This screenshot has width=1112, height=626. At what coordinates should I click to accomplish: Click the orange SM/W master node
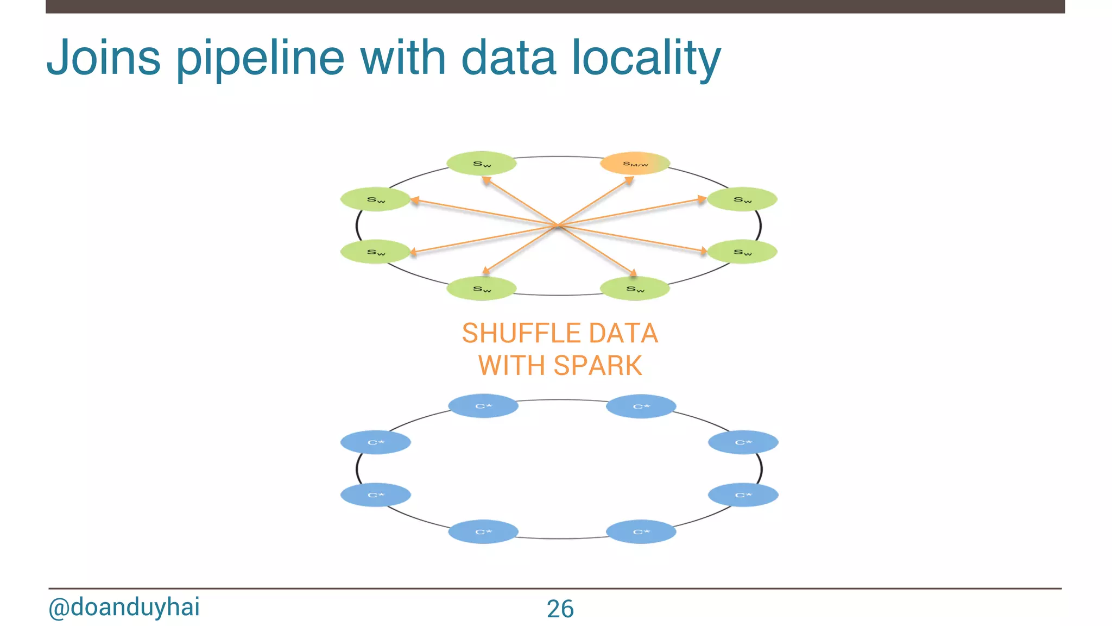pos(635,163)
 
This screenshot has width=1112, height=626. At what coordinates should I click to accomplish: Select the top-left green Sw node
pos(482,163)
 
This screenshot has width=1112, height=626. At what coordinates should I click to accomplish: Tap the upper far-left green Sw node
pos(376,199)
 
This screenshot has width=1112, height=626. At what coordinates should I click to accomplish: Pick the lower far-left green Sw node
pos(376,252)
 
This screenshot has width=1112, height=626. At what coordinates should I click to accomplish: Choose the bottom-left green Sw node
pos(482,289)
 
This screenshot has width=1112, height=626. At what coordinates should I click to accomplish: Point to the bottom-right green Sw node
pos(635,289)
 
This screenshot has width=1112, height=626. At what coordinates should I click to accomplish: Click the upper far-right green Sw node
pos(742,199)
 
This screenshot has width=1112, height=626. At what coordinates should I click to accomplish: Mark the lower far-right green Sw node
pos(742,252)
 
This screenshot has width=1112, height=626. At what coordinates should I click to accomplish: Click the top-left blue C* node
pos(483,406)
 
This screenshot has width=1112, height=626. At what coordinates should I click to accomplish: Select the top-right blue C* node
pos(641,406)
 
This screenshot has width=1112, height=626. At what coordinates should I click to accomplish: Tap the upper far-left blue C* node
pos(376,442)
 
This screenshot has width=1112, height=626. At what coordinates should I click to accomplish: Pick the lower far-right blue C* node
pos(743,494)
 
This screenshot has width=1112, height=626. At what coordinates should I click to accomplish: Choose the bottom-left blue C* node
pos(483,531)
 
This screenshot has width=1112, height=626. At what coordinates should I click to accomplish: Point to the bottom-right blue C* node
pos(641,531)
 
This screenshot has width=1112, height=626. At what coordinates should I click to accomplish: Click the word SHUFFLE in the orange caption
pos(521,333)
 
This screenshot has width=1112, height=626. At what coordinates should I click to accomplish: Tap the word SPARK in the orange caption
pos(598,365)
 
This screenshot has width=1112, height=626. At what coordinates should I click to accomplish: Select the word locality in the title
pos(646,58)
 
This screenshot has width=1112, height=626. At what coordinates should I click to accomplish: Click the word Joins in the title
pos(104,58)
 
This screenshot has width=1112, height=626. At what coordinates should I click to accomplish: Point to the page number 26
pos(560,609)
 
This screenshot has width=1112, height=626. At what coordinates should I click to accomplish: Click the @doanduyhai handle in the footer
pos(124,607)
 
